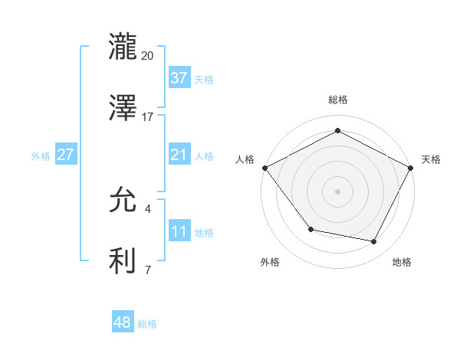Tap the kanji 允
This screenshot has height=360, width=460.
[x=123, y=199]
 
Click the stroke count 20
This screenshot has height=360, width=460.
[x=148, y=55]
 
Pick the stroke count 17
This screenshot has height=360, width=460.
[x=148, y=117]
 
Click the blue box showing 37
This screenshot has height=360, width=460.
[x=179, y=78]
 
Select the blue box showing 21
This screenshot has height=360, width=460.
[x=179, y=155]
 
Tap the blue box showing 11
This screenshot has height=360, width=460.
[x=179, y=231]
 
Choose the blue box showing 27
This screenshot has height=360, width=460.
[x=65, y=155]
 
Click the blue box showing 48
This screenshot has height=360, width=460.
[x=122, y=322]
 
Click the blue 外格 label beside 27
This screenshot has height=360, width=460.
[x=41, y=155]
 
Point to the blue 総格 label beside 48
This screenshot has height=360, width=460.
[x=147, y=324]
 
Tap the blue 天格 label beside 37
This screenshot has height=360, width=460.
[x=204, y=79]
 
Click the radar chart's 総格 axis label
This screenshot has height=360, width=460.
[x=337, y=100]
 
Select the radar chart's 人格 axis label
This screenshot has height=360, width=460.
[x=245, y=159]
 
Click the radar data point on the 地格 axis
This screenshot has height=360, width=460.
[x=373, y=241]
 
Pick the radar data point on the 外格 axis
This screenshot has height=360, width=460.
[x=310, y=229]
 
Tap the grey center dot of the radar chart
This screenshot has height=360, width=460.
[x=337, y=191]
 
